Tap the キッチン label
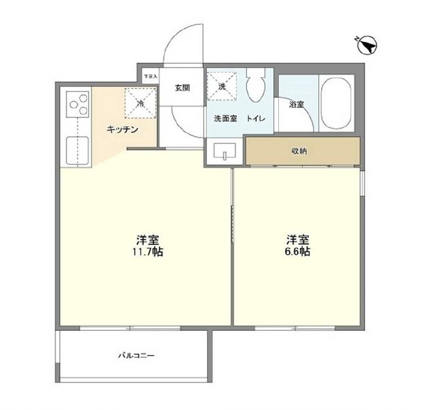123,129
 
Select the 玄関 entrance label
181,88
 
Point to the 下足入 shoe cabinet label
150,76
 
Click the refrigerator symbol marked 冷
140,103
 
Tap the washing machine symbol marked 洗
222,86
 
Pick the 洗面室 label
224,119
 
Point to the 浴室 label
297,104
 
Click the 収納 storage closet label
298,151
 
